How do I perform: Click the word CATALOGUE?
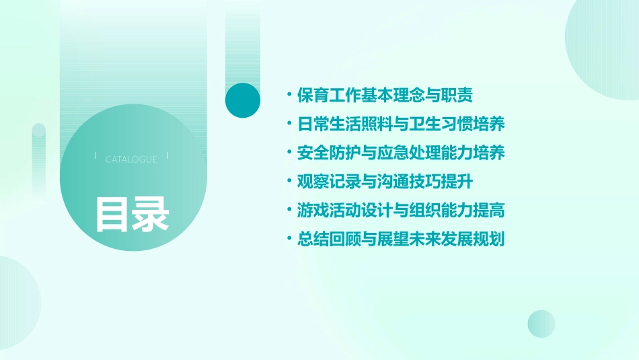click(131, 159)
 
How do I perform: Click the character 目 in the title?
click(112, 214)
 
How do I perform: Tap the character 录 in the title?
click(151, 214)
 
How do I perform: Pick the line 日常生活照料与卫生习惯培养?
click(401, 124)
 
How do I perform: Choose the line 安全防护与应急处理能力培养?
click(401, 153)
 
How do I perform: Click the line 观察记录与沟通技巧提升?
click(390, 182)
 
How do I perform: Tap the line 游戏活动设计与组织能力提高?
click(401, 210)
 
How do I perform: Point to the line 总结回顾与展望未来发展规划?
click(401, 239)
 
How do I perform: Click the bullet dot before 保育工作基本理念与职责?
click(289, 96)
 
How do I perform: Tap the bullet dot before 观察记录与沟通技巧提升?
click(289, 182)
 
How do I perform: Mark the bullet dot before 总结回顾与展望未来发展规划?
click(289, 239)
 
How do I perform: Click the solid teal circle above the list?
click(243, 100)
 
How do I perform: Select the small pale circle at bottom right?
click(541, 324)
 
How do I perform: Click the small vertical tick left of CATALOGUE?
click(96, 155)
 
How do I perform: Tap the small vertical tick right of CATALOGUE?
click(166, 155)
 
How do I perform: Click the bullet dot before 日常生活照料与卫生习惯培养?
click(289, 124)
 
